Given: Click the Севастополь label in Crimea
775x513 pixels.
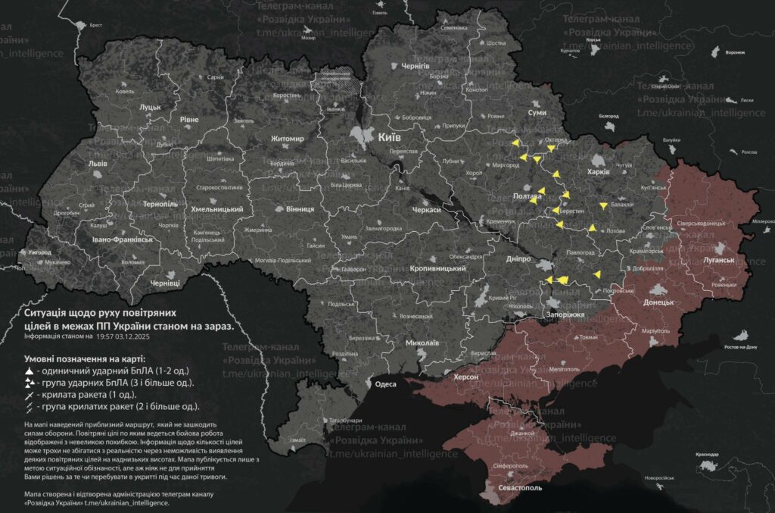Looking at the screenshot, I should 519,488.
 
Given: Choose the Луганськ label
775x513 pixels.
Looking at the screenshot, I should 719,260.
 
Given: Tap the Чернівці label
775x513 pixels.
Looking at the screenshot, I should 165,283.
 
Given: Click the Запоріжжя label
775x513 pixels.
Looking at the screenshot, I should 565,314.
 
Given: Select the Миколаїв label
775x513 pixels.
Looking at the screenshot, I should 422,343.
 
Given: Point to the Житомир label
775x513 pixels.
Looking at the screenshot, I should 288,139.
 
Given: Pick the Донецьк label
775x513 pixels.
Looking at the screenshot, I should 658,302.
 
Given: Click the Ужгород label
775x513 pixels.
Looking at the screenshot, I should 34,252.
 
